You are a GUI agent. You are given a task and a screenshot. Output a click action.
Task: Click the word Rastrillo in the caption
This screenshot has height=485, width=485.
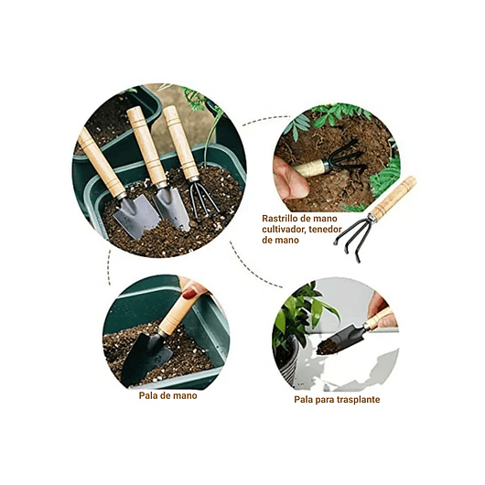pos(282,218)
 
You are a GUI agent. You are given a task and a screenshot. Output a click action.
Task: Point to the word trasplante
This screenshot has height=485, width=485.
pos(357,400)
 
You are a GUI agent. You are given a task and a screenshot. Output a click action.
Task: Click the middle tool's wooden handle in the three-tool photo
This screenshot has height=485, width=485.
pos(146,146)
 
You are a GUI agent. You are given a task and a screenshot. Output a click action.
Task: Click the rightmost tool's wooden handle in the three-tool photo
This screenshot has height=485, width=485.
pos(178,142)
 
